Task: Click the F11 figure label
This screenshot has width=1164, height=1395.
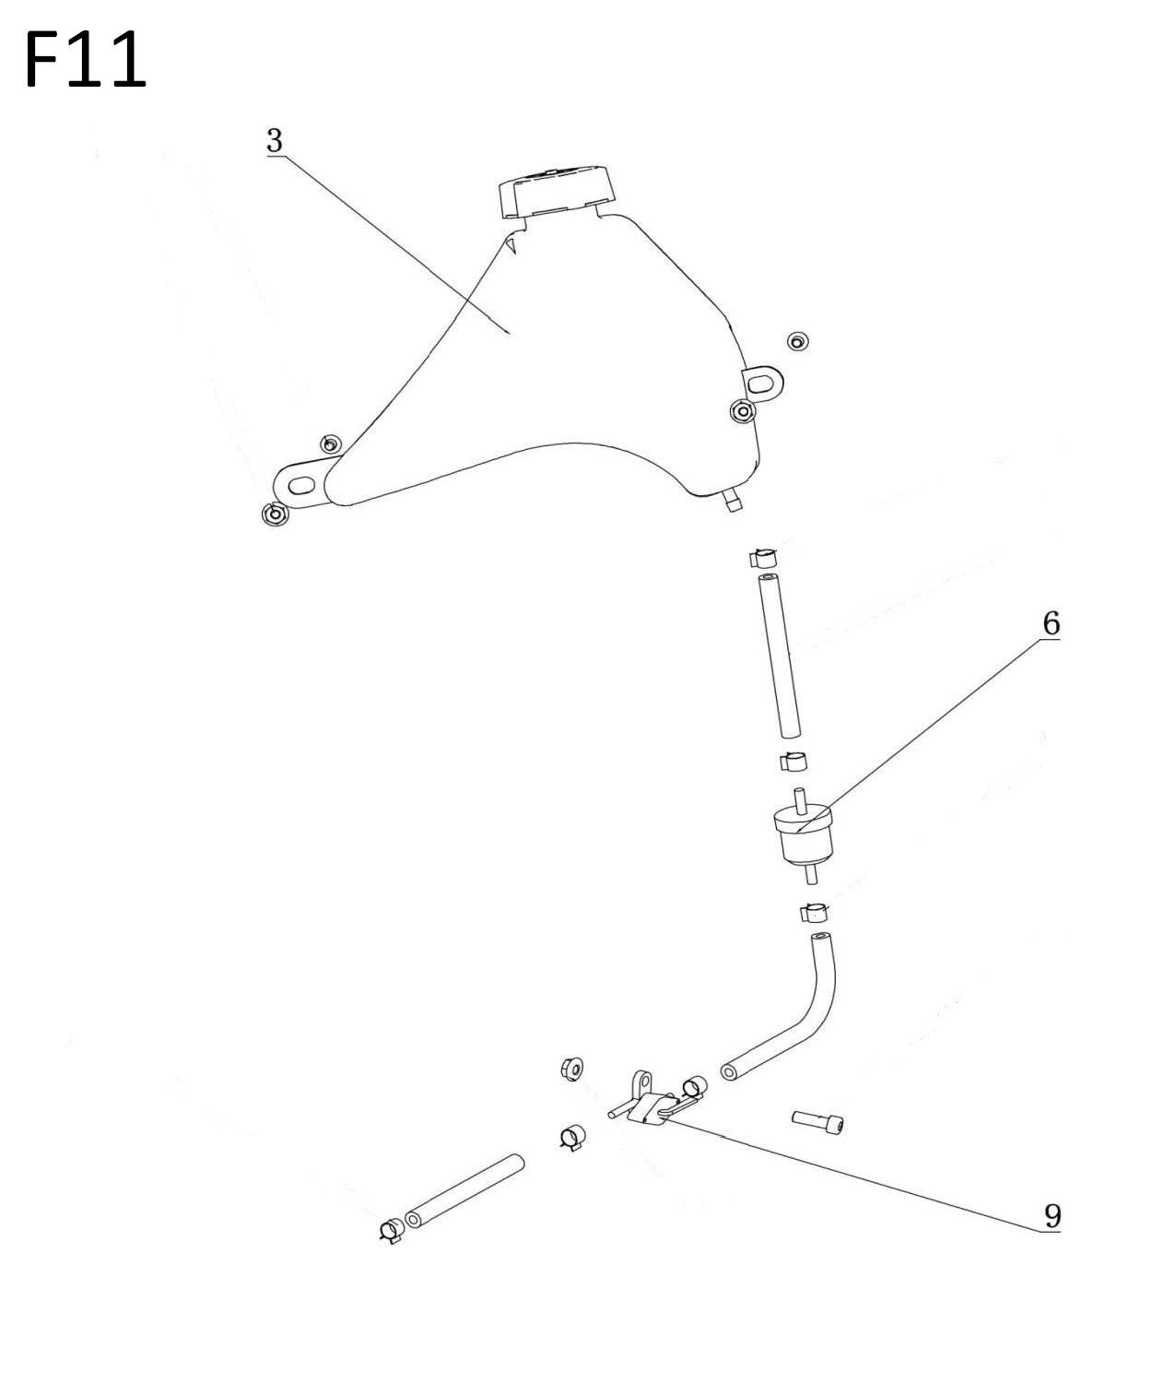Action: click(86, 59)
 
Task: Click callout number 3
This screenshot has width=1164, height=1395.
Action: click(275, 140)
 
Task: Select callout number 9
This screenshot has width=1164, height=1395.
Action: click(1052, 1216)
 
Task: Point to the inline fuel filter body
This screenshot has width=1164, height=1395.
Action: click(804, 835)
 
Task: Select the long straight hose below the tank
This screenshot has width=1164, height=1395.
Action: click(780, 656)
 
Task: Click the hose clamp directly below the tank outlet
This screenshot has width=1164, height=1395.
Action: click(762, 557)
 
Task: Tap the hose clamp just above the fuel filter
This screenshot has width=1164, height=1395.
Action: click(793, 761)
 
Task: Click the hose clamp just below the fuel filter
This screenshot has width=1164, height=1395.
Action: click(814, 912)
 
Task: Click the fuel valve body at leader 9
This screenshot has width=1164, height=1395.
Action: click(650, 1105)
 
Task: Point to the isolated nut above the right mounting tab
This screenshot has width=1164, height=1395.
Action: click(796, 341)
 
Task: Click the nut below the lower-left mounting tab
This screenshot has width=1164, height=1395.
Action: click(274, 514)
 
